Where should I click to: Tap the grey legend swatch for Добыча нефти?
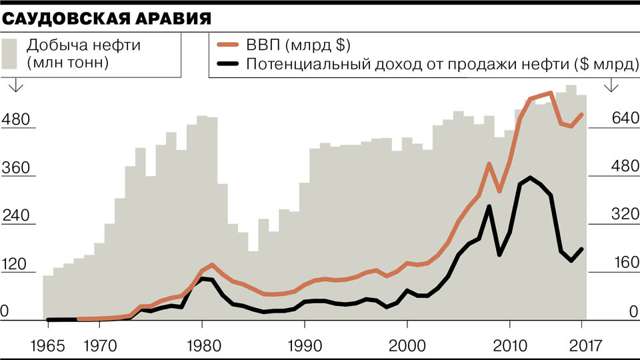[x=10, y=53]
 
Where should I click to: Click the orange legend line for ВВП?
[x=229, y=46]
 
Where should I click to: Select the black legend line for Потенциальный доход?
[x=229, y=65]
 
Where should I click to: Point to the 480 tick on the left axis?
[x=17, y=121]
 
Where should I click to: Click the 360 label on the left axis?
[x=17, y=169]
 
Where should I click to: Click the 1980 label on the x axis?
[x=202, y=346]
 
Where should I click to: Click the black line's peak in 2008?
[x=489, y=207]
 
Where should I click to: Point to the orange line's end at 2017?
[x=582, y=114]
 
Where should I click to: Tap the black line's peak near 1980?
[x=203, y=278]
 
